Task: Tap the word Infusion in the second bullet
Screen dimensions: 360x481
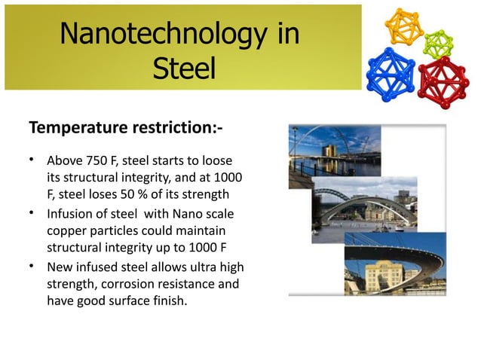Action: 71,213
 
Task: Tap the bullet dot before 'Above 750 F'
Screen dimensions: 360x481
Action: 32,160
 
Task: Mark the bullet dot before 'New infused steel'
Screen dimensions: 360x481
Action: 32,266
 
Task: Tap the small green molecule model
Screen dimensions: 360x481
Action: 438,42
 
